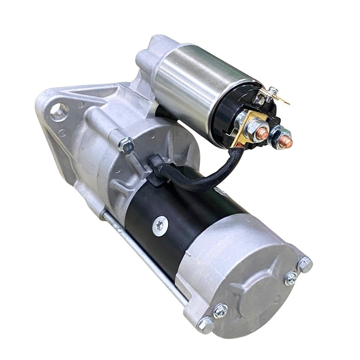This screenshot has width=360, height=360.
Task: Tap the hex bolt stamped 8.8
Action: (126, 144)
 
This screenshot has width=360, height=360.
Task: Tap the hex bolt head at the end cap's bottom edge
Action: (205, 325)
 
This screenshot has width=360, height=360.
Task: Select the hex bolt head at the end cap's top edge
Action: (304, 265)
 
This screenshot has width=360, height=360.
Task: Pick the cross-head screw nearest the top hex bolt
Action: (291, 278)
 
